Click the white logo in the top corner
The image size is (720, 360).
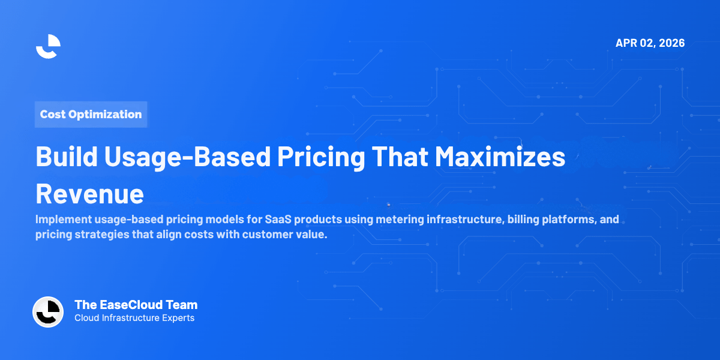click(x=48, y=46)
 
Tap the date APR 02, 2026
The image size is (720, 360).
click(x=650, y=43)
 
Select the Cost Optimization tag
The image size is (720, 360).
click(x=91, y=114)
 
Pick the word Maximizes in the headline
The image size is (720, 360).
click(x=500, y=157)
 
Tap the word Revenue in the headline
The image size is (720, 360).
click(x=89, y=193)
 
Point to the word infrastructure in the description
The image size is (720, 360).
click(x=463, y=220)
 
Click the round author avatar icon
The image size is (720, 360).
click(x=48, y=311)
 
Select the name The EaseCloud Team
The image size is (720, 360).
click(x=136, y=305)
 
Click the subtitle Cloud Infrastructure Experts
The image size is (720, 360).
click(x=134, y=318)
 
